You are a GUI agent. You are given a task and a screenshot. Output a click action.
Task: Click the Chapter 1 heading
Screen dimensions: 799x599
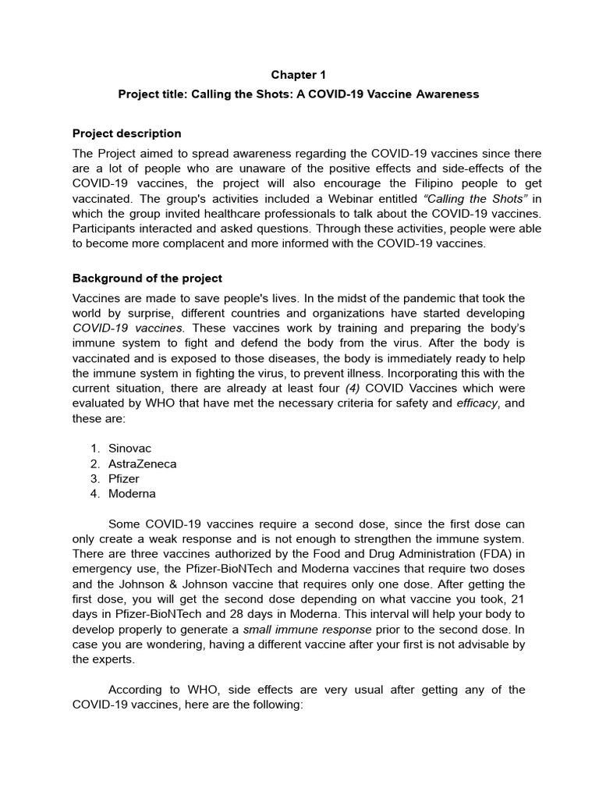[299, 75]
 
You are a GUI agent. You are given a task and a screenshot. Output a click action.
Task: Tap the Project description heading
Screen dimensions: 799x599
[126, 133]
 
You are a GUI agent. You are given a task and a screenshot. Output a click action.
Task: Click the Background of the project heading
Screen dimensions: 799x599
[147, 278]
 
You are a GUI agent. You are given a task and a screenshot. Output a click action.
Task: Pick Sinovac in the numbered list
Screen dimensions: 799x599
[129, 449]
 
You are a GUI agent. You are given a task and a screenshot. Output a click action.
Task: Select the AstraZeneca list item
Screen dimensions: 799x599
[143, 463]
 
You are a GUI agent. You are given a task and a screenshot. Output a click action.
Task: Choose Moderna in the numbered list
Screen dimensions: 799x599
[132, 493]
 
